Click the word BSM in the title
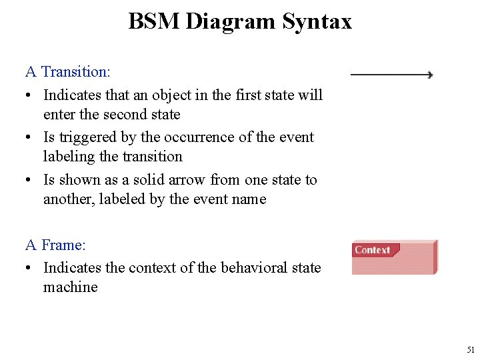(154, 21)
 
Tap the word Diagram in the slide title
(231, 22)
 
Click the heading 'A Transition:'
(67, 71)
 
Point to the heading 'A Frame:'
(56, 245)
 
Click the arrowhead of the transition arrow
(430, 75)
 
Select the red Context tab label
(373, 250)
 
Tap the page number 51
(471, 349)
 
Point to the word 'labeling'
(68, 157)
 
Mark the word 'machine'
(70, 287)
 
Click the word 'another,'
(69, 199)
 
